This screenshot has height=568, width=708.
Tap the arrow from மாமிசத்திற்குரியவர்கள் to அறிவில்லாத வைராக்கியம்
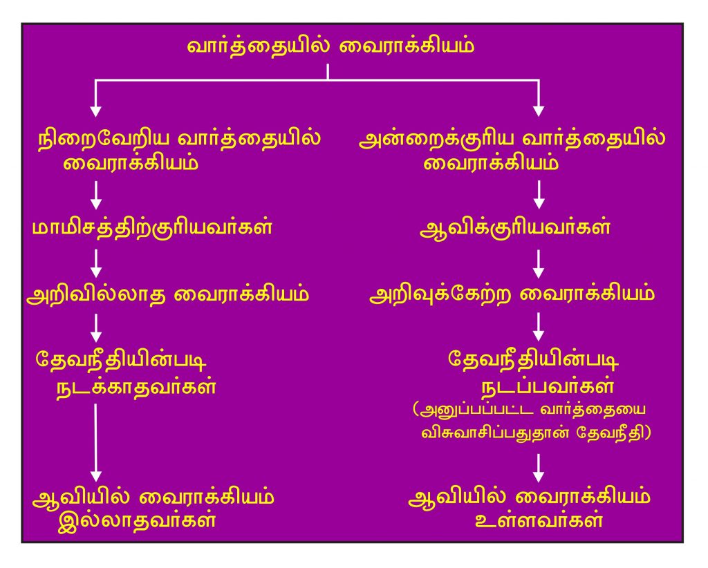pyautogui.click(x=96, y=263)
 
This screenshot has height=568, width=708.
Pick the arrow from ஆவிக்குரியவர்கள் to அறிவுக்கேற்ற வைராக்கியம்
pyautogui.click(x=539, y=263)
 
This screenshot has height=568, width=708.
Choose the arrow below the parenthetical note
pyautogui.click(x=539, y=467)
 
